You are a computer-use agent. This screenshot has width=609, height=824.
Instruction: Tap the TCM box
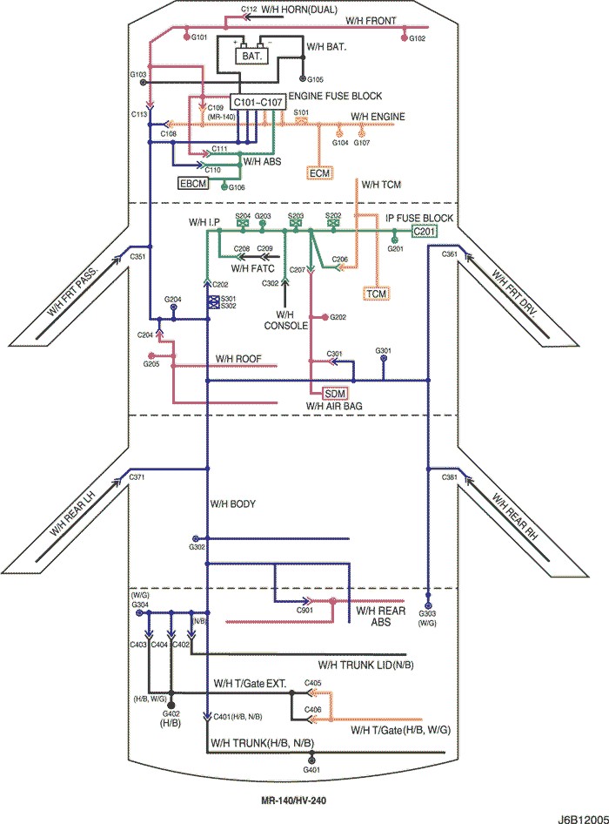click(376, 294)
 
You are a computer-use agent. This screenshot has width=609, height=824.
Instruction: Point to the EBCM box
click(192, 184)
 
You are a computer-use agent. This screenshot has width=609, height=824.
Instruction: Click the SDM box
click(334, 394)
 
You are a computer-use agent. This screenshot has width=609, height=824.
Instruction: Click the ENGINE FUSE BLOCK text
click(335, 96)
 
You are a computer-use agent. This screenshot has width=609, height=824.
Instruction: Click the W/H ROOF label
click(238, 359)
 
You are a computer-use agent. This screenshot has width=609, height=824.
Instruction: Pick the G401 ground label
click(311, 770)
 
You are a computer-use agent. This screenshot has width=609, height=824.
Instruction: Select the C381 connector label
click(449, 478)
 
